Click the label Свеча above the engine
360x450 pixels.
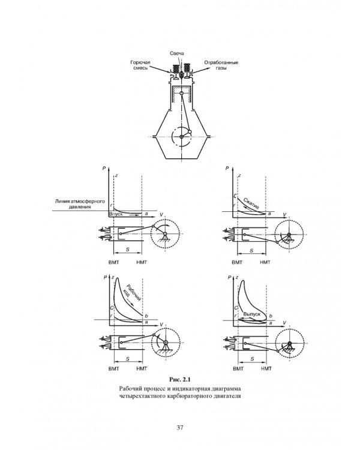(x=177, y=53)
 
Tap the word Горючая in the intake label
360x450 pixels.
(x=140, y=62)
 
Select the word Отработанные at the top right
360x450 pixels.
(x=221, y=62)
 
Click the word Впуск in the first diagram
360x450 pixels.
(x=116, y=214)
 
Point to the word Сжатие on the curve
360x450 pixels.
(x=251, y=203)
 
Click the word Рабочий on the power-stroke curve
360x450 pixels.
(x=134, y=292)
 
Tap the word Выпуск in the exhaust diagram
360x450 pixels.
(x=252, y=314)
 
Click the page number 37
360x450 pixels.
(x=180, y=428)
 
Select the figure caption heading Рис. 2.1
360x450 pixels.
(x=180, y=380)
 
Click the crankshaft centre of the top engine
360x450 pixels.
(x=181, y=137)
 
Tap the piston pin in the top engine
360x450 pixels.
(x=181, y=94)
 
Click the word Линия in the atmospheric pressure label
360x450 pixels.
(x=62, y=202)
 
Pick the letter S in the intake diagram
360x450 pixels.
(x=128, y=250)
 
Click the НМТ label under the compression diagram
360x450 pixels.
(x=265, y=262)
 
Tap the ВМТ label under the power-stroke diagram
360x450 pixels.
(x=113, y=369)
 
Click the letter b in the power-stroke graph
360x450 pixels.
(x=146, y=316)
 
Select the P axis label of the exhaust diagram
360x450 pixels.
(x=229, y=277)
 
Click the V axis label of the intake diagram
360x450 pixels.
(x=161, y=215)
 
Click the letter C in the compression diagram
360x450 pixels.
(x=235, y=196)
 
